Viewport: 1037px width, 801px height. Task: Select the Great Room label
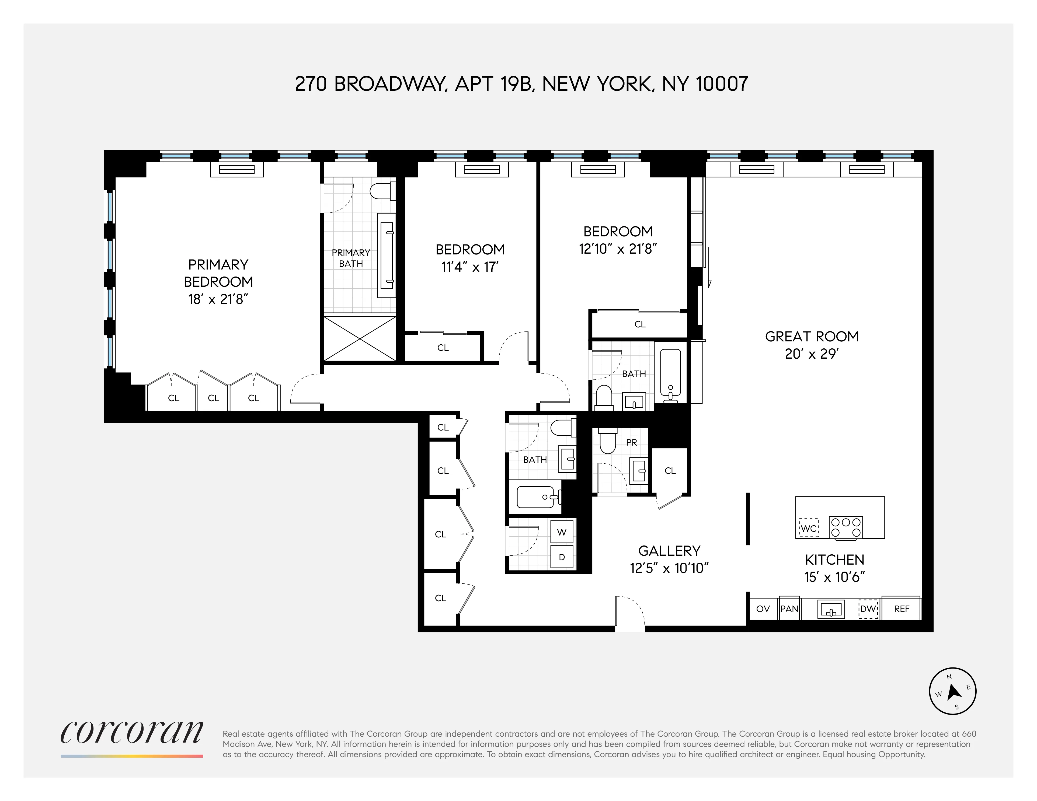coord(812,337)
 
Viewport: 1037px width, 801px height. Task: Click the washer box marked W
coord(562,532)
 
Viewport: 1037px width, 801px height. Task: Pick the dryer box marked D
coord(562,557)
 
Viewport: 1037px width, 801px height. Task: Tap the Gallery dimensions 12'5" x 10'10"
coord(669,568)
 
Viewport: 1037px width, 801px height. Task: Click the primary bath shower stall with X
coord(360,339)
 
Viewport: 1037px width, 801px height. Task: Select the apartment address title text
coord(521,84)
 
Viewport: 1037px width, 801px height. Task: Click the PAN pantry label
coord(789,609)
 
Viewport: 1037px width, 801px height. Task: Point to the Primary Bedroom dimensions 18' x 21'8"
coord(218,299)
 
